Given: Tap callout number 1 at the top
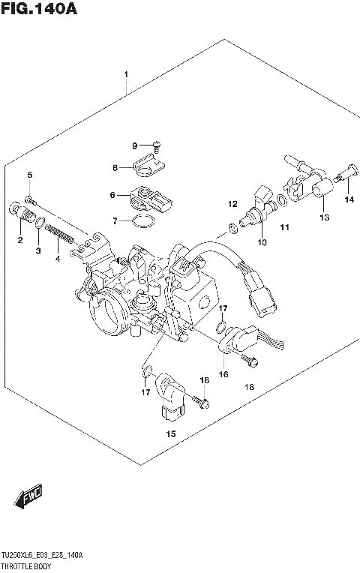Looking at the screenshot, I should [x=126, y=74].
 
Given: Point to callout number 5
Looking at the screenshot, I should [x=30, y=175].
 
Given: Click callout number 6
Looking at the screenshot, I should [x=113, y=195].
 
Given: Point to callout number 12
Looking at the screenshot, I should [x=232, y=204].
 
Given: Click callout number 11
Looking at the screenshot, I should [x=284, y=226].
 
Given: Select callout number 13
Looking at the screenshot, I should [x=324, y=217].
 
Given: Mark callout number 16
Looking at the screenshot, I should [x=223, y=374].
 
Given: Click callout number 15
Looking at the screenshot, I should [x=170, y=433].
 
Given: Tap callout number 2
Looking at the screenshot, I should [x=20, y=240].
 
